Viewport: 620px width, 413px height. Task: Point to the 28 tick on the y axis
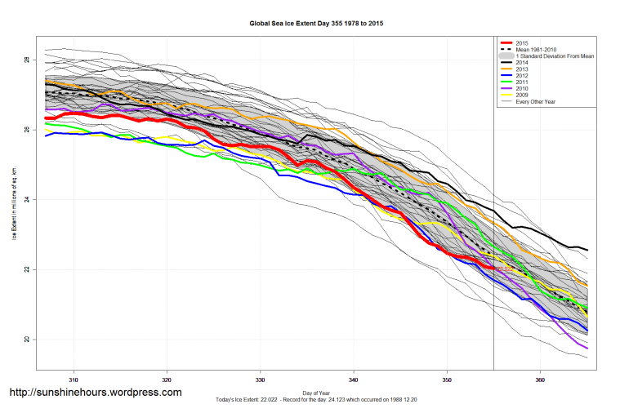(x=26, y=60)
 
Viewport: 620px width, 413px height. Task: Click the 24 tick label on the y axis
(x=26, y=200)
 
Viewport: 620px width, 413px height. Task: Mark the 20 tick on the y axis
(x=26, y=340)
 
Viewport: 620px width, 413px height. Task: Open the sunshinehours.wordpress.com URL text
(x=95, y=393)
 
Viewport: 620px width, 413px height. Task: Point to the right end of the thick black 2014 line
(x=587, y=250)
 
